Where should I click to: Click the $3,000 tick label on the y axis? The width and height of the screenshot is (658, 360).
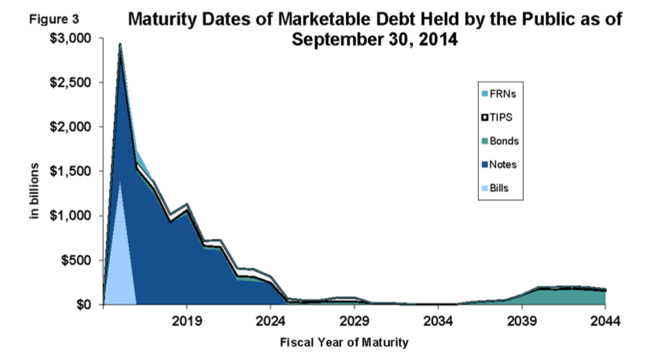(73, 39)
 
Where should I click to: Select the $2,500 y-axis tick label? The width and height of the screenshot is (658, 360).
(73, 83)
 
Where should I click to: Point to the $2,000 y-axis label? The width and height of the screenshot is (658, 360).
(73, 127)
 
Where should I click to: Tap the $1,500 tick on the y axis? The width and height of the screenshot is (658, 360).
(73, 171)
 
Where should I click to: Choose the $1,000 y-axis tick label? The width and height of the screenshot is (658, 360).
(73, 215)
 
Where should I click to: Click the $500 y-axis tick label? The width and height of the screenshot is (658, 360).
(78, 260)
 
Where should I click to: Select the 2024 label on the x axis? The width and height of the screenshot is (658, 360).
(270, 321)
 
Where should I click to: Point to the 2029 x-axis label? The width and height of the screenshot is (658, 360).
(355, 321)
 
